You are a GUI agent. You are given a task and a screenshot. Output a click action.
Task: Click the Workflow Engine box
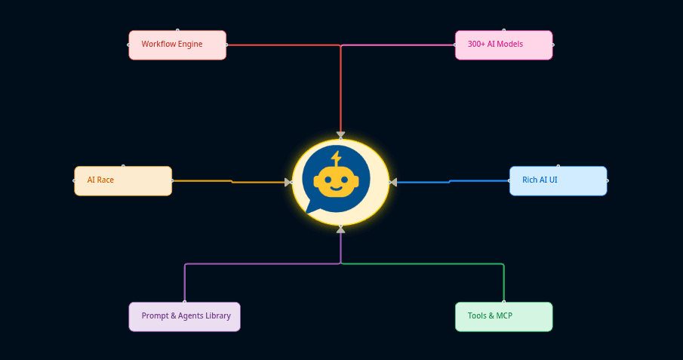pos(177,45)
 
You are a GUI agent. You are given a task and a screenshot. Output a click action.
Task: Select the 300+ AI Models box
pos(503,45)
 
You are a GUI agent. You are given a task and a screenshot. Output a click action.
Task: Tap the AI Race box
pos(123,181)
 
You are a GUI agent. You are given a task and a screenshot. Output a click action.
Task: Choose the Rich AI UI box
pos(558,181)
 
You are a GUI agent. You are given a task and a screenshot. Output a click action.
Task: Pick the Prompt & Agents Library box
pos(185,317)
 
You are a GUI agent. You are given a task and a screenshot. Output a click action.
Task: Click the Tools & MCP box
pos(503,317)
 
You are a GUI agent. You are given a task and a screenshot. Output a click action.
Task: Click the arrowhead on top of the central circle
pos(340,136)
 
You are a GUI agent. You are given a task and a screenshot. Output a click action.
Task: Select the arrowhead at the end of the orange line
pos(288,182)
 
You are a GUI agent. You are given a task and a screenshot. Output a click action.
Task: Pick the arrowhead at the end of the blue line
pos(393,182)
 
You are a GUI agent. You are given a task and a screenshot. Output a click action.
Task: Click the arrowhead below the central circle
pos(340,229)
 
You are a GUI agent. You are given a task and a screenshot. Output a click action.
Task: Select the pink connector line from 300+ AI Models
pos(400,45)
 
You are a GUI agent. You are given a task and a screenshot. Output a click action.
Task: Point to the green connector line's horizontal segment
pos(423,264)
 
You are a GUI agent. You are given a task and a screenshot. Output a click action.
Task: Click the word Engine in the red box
pos(189,45)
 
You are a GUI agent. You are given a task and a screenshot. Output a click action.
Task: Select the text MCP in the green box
pos(504,316)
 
